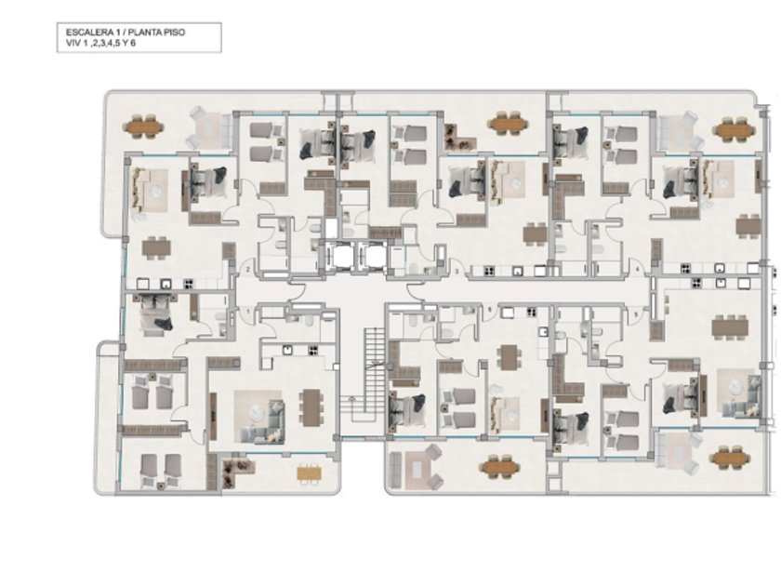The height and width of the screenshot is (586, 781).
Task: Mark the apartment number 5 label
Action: tap(636, 312)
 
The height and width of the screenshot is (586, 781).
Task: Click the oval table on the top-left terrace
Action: tap(142, 125)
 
